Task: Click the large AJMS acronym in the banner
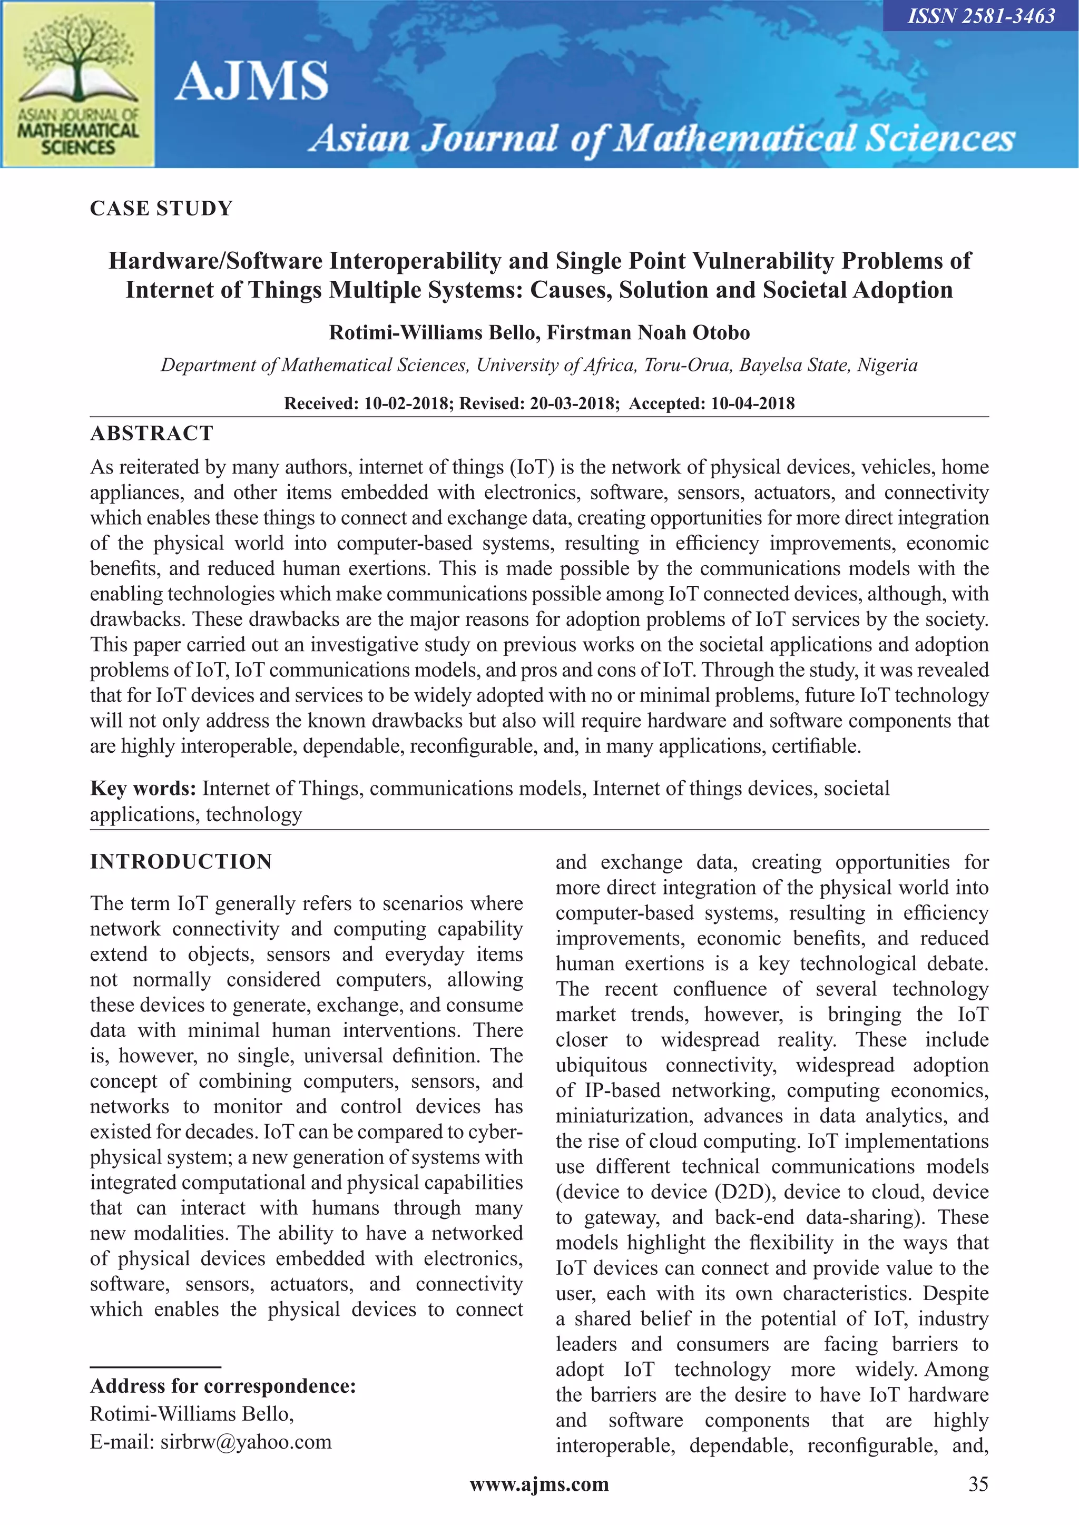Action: coord(252,81)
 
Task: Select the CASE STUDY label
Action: coord(161,209)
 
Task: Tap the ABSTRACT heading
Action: coord(152,433)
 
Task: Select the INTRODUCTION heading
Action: coord(181,861)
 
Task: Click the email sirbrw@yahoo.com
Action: coord(246,1441)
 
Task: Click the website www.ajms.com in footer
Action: coord(539,1484)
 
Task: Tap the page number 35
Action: coord(978,1484)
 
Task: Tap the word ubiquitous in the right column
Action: coord(601,1065)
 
